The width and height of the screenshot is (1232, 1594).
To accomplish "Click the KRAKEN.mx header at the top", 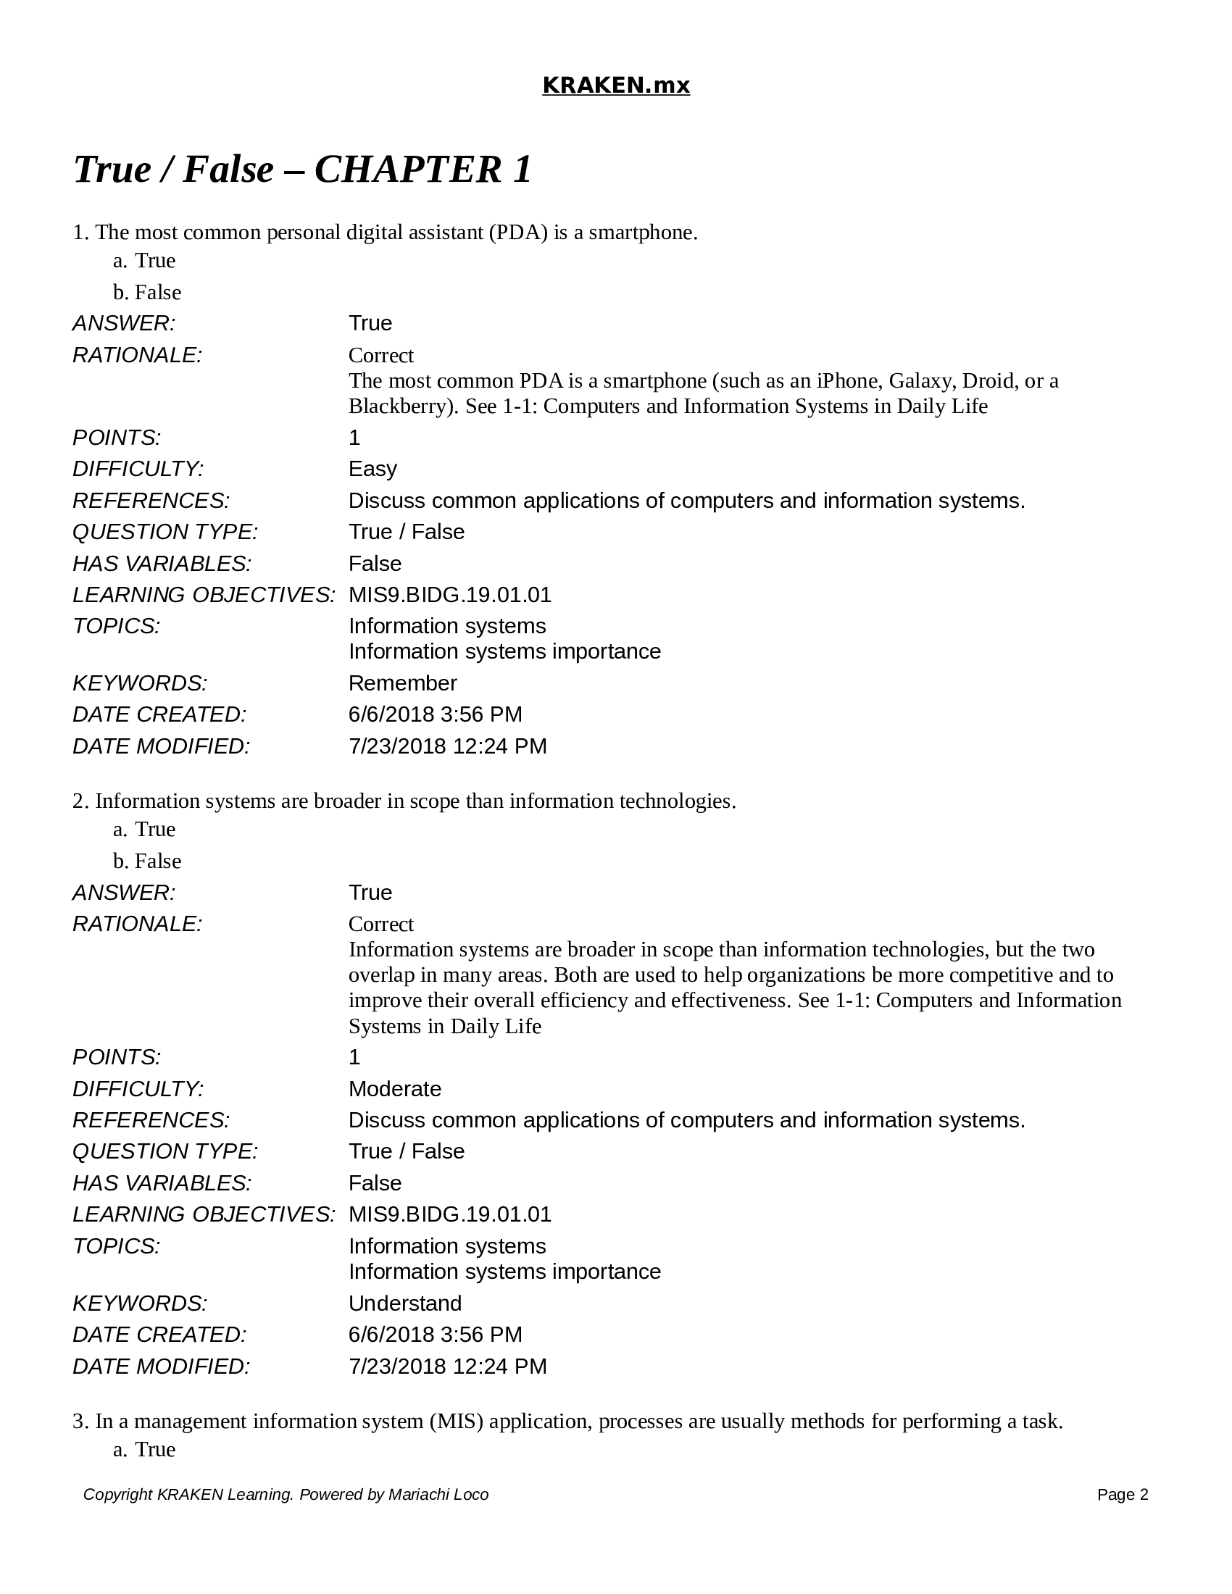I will tap(615, 85).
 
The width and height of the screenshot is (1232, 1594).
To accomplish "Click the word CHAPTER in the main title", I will tap(407, 170).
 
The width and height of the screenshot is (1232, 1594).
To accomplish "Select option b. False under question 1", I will tap(146, 292).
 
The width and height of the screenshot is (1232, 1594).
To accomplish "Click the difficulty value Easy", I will tap(372, 469).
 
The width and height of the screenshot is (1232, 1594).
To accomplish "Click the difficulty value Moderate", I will tap(394, 1088).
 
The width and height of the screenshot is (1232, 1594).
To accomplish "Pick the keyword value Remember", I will tap(402, 683).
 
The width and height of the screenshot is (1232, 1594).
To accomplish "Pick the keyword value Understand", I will tap(404, 1303).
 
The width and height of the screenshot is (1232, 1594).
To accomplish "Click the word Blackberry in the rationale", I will tap(401, 406).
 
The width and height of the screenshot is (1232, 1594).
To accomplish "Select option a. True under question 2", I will tap(144, 829).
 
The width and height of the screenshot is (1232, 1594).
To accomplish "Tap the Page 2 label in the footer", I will tap(1122, 1494).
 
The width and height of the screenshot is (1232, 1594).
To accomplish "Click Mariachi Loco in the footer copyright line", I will tap(438, 1494).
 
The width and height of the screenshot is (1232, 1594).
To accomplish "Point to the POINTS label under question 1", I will tap(116, 437).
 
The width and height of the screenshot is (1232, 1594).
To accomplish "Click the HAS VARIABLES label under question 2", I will tap(162, 1182).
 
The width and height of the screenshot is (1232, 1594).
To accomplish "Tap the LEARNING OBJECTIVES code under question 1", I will tap(449, 595).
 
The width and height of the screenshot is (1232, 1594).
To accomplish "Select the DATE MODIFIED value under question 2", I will tap(446, 1366).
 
